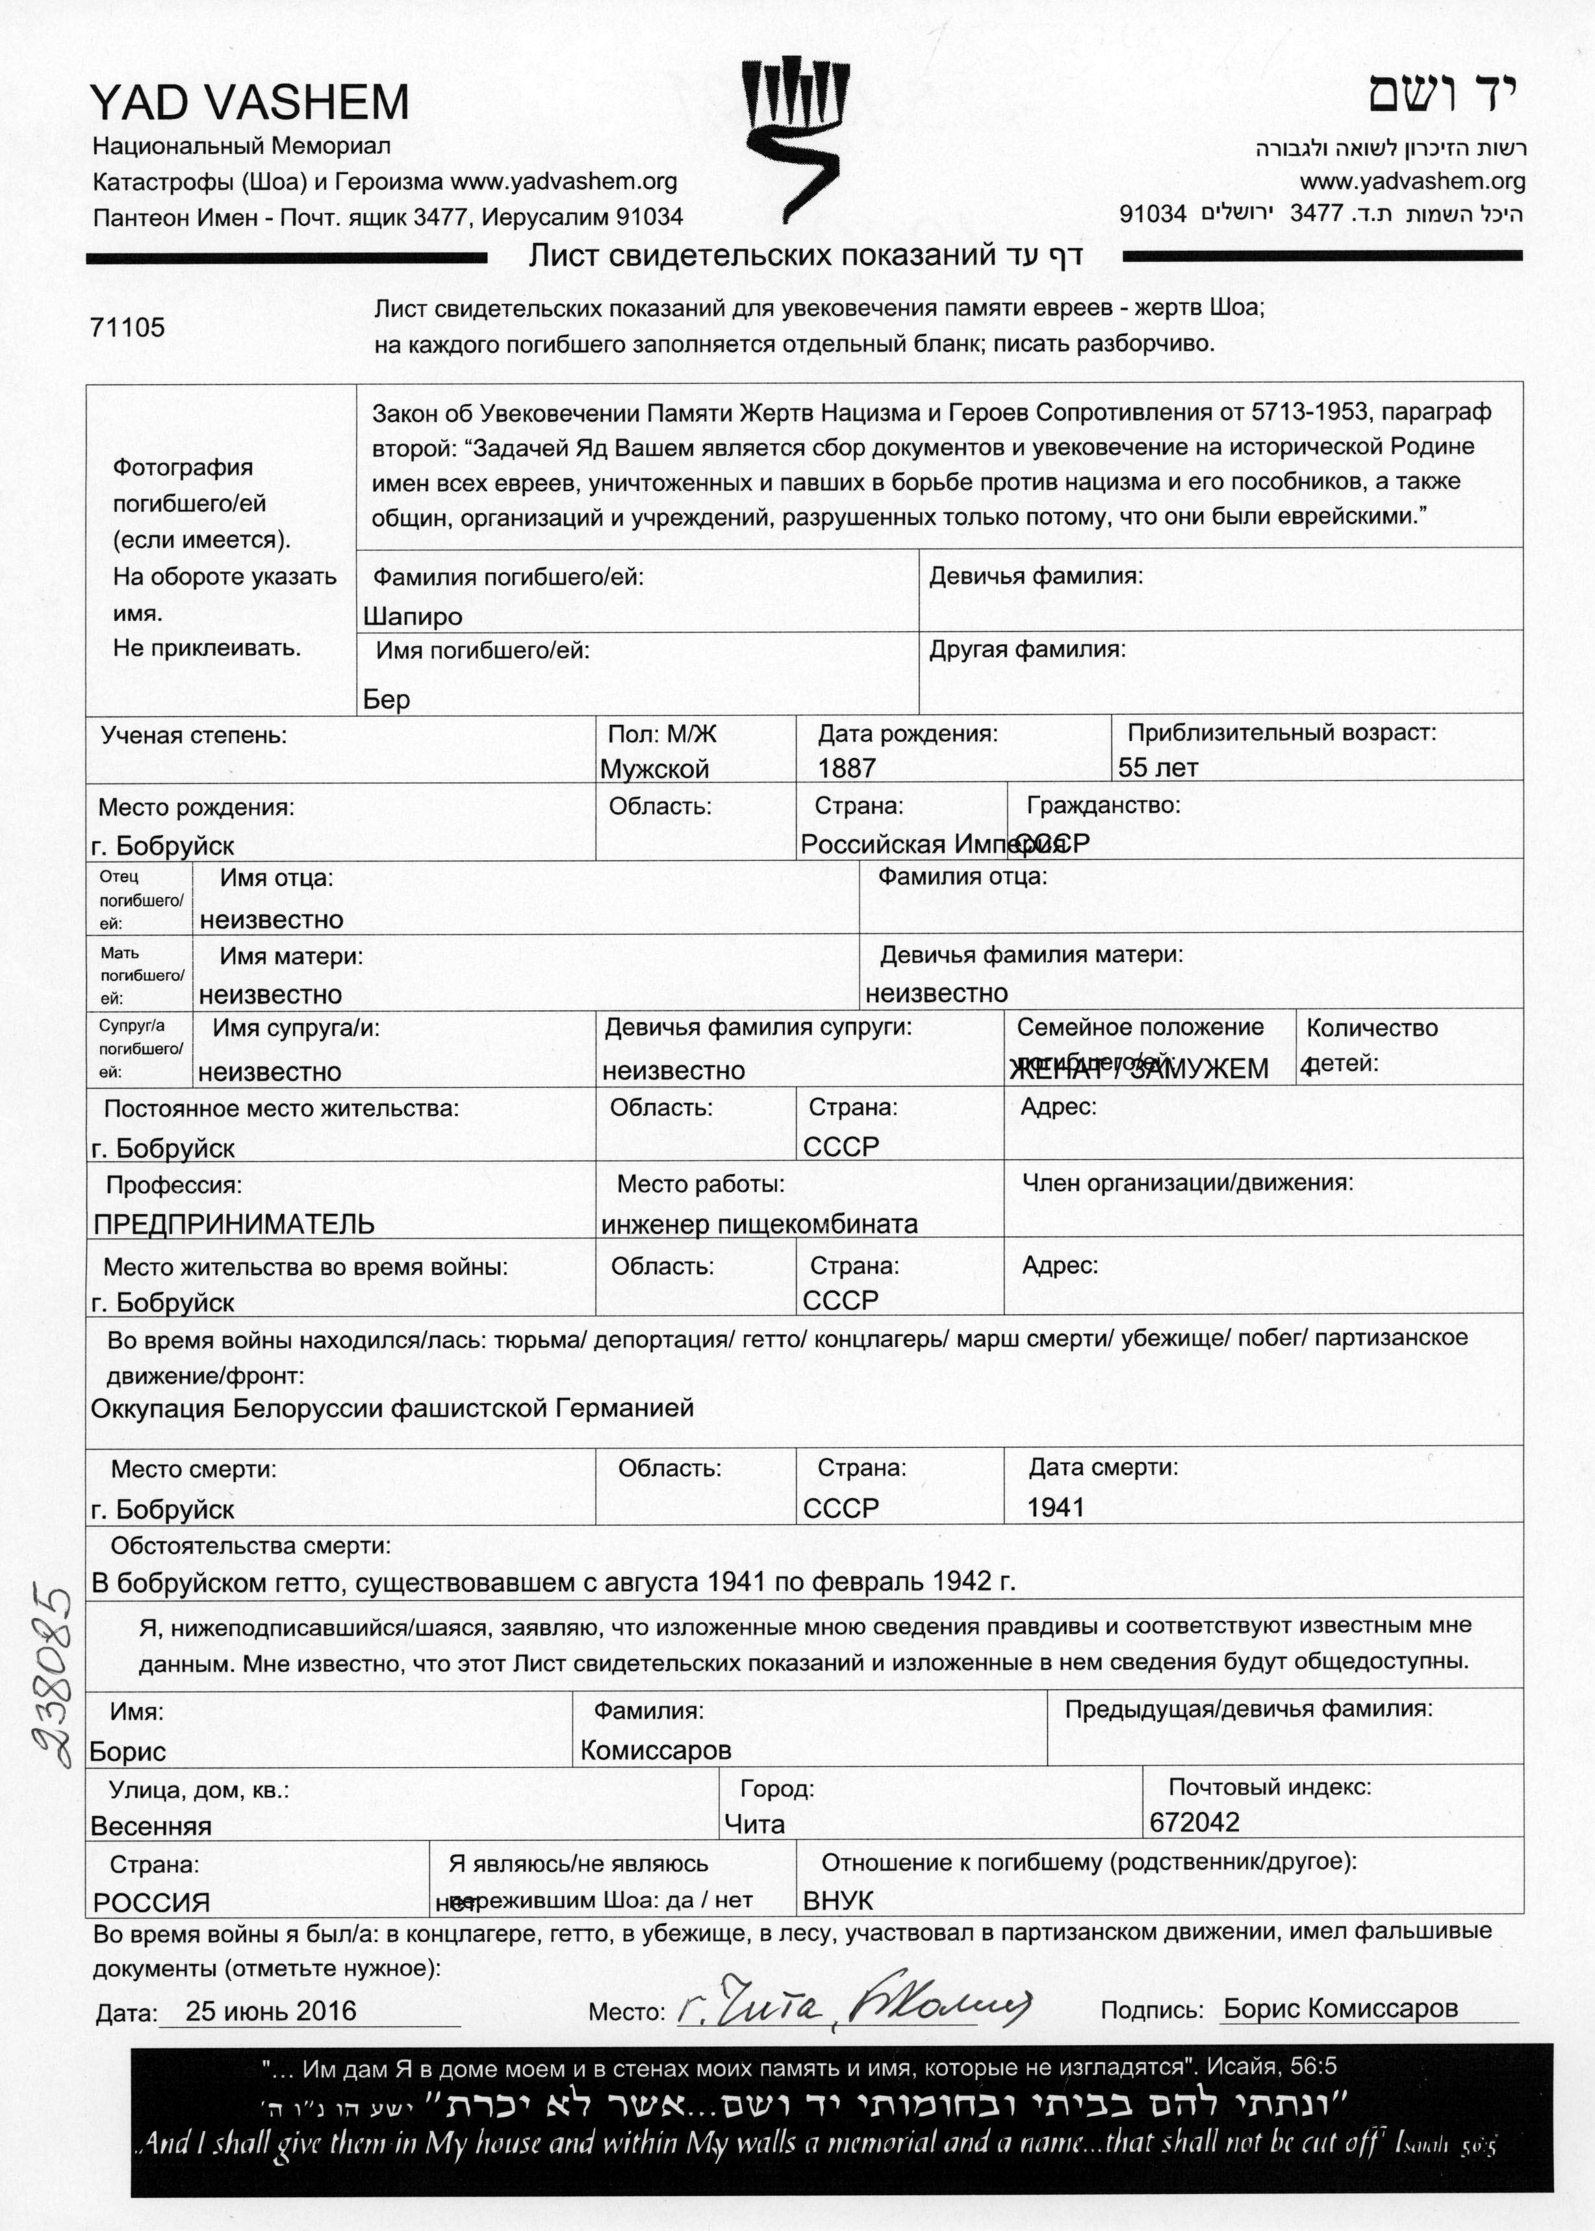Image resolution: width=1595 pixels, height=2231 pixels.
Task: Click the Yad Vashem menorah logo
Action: pos(793,138)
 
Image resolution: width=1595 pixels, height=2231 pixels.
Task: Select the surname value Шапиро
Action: pos(413,616)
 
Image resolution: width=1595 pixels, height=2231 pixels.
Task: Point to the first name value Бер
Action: pos(387,699)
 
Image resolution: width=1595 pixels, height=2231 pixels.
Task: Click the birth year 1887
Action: pos(847,768)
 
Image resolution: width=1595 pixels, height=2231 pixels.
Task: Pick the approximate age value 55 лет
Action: pos(1158,768)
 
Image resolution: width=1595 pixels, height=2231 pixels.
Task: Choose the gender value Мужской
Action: pos(654,769)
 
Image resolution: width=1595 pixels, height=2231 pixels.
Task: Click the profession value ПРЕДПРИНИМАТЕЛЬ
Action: pos(234,1224)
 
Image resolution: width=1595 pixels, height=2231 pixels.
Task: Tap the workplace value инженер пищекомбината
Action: pos(759,1224)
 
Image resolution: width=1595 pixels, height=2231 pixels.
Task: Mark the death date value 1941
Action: pos(1056,1507)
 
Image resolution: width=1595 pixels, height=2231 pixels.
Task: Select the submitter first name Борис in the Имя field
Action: pos(128,1752)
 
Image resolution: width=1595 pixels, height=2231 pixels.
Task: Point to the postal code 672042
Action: pos(1194,1822)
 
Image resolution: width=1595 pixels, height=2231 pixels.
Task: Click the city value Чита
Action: pos(754,1824)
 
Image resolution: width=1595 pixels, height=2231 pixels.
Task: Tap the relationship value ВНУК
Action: pos(837,1900)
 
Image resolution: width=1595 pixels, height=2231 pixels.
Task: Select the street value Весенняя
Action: pos(151,1826)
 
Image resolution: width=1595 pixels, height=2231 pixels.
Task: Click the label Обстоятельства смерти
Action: pos(250,1546)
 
